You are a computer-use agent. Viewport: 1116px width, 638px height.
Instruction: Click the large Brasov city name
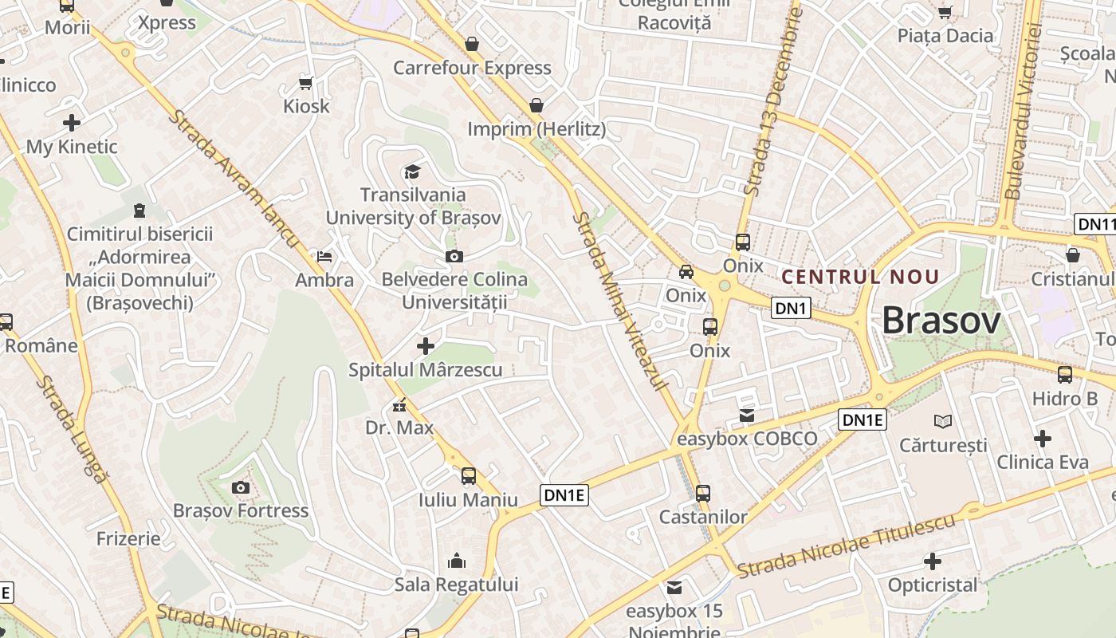[941, 321]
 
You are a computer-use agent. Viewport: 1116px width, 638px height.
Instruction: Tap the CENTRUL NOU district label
[860, 277]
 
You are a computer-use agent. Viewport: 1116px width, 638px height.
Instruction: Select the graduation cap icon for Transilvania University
[412, 171]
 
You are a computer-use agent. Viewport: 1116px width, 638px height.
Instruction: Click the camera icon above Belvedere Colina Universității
[454, 256]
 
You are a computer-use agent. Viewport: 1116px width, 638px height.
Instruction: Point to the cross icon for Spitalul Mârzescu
[426, 346]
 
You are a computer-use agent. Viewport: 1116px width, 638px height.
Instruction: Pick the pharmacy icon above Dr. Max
[399, 405]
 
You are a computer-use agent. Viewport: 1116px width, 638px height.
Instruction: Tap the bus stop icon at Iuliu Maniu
[469, 476]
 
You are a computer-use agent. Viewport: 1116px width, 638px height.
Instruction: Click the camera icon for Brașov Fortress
[240, 487]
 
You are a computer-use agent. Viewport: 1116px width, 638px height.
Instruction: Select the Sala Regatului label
[456, 585]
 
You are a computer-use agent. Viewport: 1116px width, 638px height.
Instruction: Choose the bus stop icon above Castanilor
[703, 494]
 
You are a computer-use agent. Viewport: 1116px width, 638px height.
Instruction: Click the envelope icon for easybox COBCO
[747, 415]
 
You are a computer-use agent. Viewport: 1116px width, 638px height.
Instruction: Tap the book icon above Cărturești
[943, 421]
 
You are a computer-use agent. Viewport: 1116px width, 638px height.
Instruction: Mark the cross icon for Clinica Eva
[1042, 439]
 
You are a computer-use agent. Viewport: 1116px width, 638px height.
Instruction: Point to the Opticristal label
[932, 585]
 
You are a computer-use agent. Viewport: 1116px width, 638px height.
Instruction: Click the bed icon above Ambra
[324, 257]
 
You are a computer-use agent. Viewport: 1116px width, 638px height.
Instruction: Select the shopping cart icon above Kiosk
[305, 83]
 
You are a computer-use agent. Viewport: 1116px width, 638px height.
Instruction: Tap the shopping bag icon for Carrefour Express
[472, 44]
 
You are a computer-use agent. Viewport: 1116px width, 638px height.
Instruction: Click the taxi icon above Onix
[686, 272]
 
